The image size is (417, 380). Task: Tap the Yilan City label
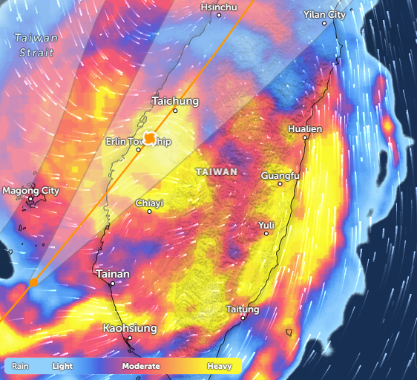324,15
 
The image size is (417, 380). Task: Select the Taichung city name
175,100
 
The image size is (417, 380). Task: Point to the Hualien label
305,129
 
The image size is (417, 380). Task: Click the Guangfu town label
280,176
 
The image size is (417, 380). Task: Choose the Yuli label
266,225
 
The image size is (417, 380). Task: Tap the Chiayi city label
149,203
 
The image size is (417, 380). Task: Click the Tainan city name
113,274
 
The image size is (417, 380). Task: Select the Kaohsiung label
129,327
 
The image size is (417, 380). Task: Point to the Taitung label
242,309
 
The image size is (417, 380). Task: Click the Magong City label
30,191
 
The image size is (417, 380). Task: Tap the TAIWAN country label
216,171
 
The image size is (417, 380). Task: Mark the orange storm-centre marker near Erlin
150,137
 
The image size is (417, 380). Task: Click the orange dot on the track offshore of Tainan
33,282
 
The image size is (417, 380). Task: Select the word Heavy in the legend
220,366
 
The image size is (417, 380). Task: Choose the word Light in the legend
62,366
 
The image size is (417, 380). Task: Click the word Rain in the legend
20,366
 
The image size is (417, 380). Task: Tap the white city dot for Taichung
175,111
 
